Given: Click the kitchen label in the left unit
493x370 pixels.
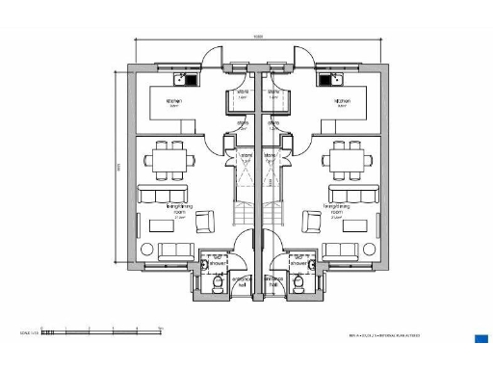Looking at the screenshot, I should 174,101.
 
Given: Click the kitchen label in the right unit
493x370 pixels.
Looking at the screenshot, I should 342,101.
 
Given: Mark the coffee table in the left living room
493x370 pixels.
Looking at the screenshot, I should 160,227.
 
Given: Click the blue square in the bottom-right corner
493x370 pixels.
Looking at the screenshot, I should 481,337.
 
